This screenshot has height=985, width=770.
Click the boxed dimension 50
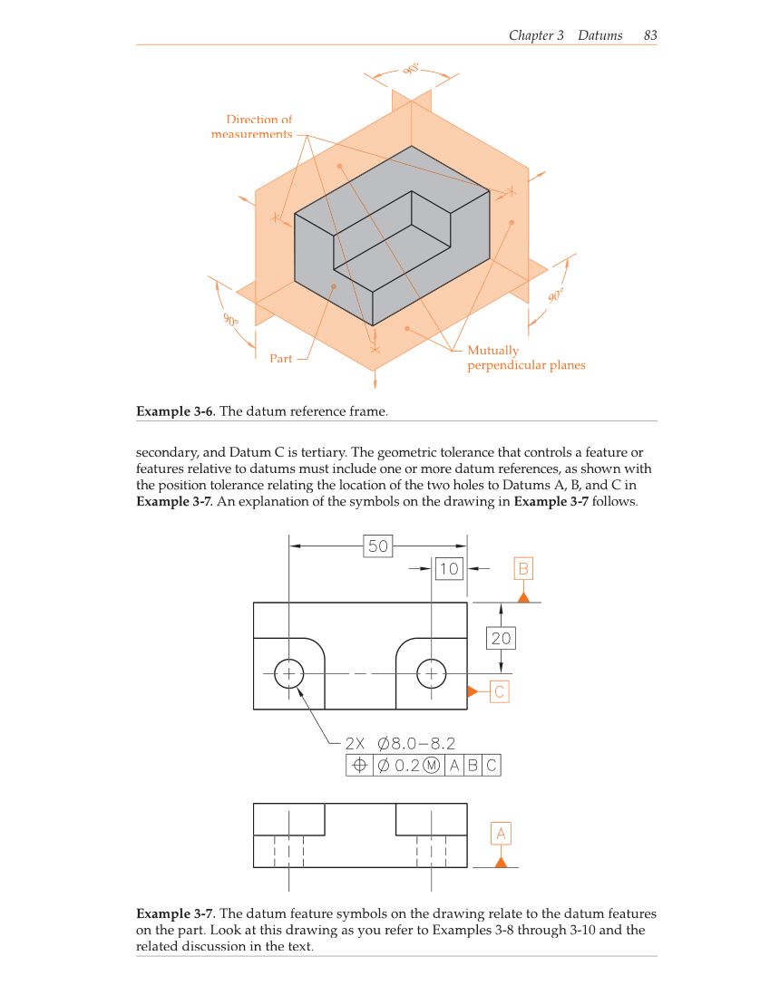(x=377, y=546)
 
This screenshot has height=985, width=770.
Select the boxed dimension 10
(x=449, y=569)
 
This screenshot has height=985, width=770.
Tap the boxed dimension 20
(x=501, y=638)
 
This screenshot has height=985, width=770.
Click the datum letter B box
(x=523, y=569)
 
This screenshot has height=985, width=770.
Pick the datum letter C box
(x=500, y=691)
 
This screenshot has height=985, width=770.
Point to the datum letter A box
(x=501, y=833)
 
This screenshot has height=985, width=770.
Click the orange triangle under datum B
(x=523, y=596)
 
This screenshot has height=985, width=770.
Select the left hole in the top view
(x=289, y=673)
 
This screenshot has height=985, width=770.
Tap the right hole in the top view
(x=431, y=673)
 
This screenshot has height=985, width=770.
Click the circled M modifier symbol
(x=432, y=766)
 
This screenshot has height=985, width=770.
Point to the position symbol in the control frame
(x=359, y=766)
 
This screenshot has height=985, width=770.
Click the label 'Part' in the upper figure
(x=281, y=359)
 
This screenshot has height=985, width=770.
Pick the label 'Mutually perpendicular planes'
(x=525, y=358)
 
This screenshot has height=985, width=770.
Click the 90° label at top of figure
(x=411, y=69)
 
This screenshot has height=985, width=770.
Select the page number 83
(x=649, y=35)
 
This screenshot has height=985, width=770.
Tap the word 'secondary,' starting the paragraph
(x=162, y=452)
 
